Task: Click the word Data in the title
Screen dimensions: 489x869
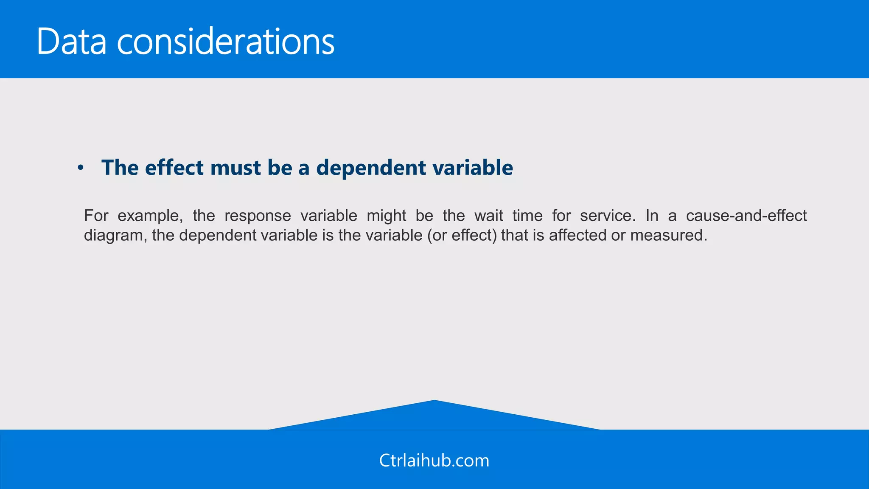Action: point(71,42)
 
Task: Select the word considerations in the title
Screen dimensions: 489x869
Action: point(226,42)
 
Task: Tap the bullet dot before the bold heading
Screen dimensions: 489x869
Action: point(80,168)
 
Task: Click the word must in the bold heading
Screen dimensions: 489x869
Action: point(235,167)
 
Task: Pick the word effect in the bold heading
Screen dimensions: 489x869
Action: point(174,167)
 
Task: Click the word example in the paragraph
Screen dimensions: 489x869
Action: point(150,216)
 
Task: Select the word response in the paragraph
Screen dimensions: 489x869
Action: point(258,216)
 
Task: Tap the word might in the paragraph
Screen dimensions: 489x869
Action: point(386,216)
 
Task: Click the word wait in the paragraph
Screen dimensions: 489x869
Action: point(488,216)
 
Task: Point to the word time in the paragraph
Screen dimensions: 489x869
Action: point(527,216)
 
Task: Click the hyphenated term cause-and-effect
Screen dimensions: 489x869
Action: point(746,216)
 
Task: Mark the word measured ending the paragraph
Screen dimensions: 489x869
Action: point(668,235)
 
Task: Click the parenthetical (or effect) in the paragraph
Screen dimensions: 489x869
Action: point(462,235)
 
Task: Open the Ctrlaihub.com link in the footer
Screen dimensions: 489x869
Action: point(434,461)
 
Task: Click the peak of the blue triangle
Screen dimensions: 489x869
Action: point(434,402)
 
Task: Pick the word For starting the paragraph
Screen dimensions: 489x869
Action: point(96,216)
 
